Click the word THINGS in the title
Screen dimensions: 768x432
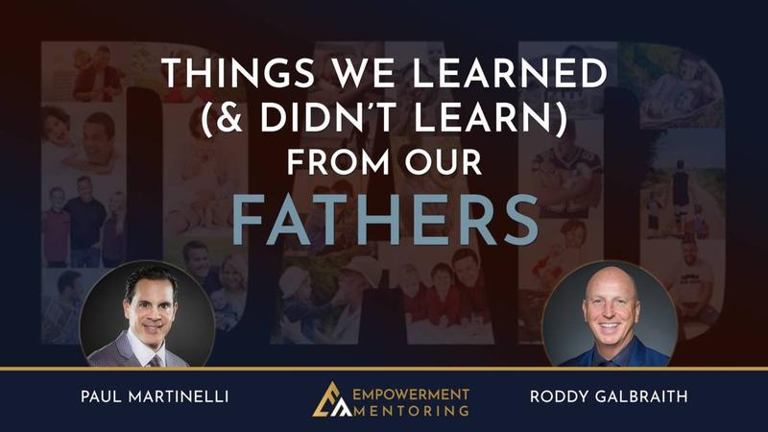click(x=237, y=74)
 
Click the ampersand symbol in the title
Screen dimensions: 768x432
click(x=229, y=118)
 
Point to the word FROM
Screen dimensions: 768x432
click(x=339, y=162)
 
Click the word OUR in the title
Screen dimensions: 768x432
click(x=444, y=162)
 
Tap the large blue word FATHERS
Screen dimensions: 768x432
click(x=385, y=220)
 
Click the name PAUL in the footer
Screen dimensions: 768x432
click(x=101, y=396)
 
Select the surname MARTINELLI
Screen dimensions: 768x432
click(x=179, y=396)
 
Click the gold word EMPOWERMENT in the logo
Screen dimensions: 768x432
click(x=411, y=395)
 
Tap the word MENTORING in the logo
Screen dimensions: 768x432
click(x=411, y=411)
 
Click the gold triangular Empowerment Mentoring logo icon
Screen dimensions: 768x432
click(x=331, y=399)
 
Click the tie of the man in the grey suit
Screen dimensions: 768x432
click(x=156, y=361)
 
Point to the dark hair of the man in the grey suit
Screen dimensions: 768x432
click(x=150, y=282)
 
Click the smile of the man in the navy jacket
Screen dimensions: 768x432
click(x=609, y=325)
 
